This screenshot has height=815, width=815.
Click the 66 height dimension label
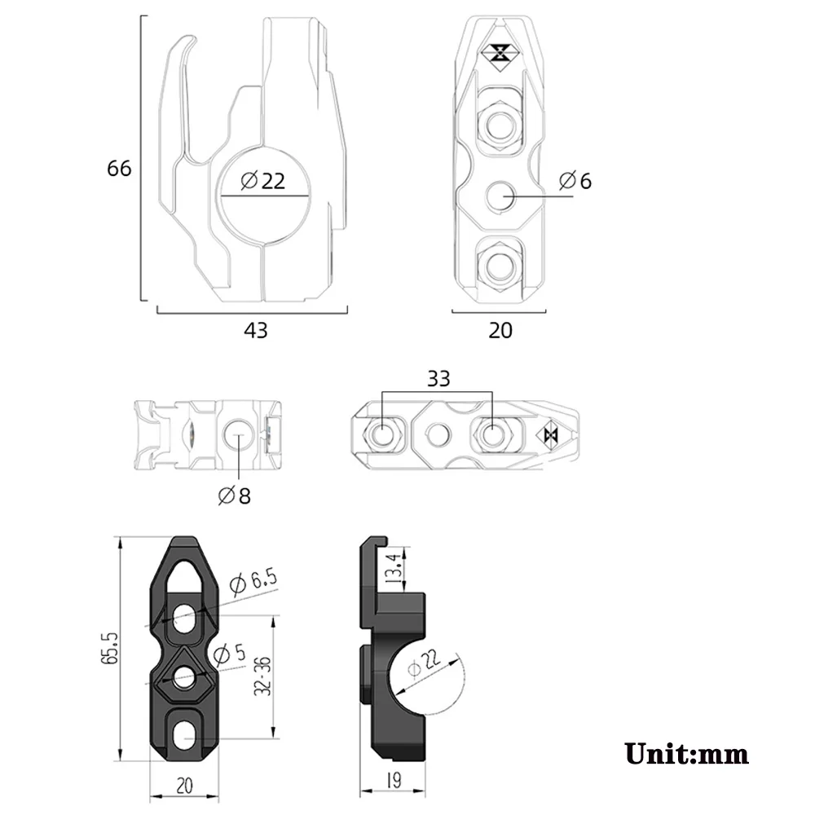coord(119,169)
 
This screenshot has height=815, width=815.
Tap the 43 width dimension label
coord(256,330)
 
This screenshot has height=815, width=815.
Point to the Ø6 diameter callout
coord(575,181)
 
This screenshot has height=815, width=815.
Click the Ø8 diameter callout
coord(234,495)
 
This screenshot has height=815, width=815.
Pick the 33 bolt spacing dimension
coord(438,379)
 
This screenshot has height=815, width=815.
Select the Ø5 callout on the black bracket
coord(229,653)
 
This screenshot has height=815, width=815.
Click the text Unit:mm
coord(686,752)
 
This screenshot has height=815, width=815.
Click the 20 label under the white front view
coord(500,330)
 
